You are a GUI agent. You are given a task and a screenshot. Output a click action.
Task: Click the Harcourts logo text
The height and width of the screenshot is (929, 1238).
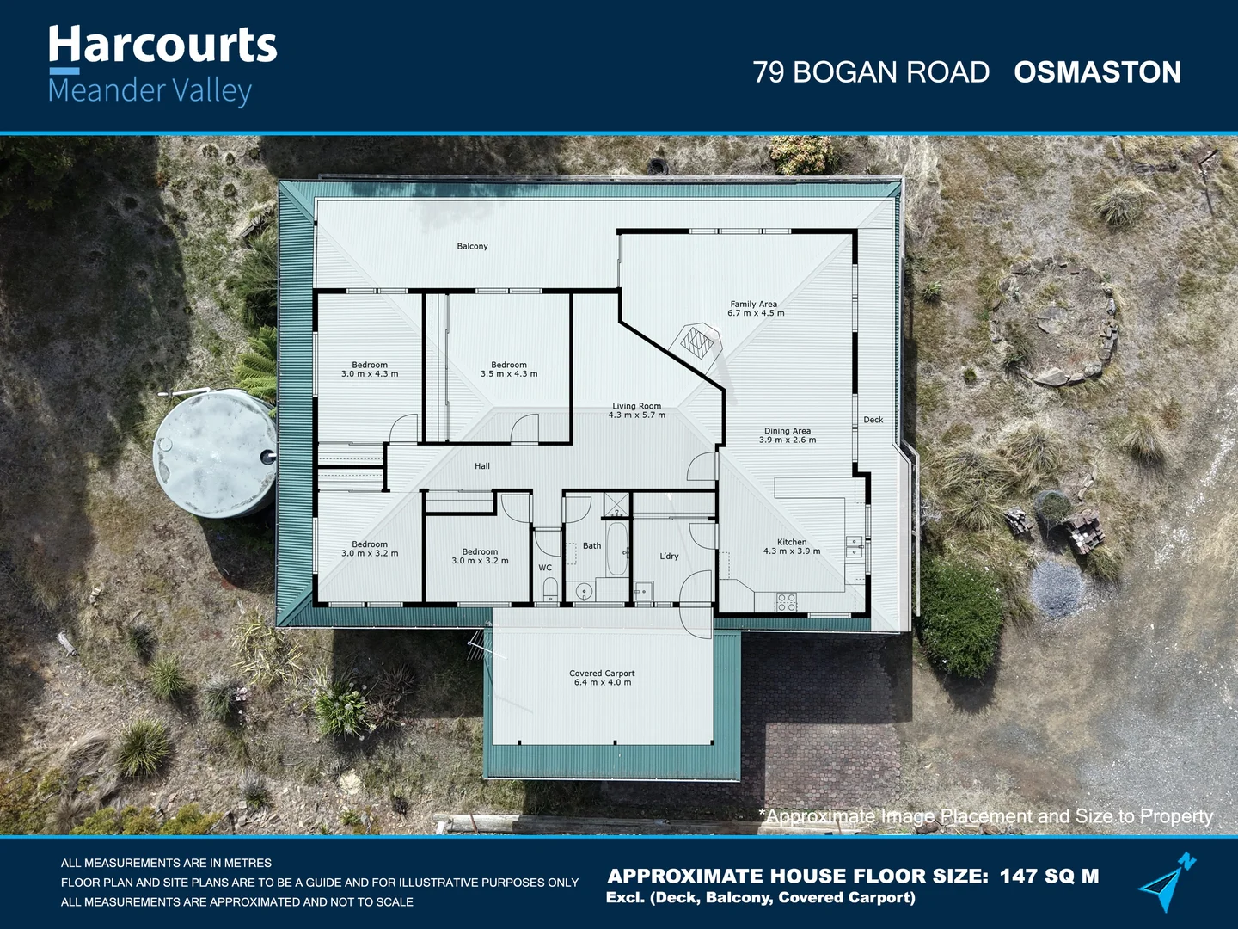point(162,46)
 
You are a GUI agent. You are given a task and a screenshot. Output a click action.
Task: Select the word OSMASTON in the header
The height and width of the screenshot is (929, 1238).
point(1097,72)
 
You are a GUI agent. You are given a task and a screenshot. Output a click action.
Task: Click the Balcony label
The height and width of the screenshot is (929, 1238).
point(472,247)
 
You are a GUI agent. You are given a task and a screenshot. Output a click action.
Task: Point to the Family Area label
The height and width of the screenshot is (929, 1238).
point(754,304)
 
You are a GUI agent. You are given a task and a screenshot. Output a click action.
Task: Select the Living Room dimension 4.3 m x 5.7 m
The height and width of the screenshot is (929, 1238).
point(636,415)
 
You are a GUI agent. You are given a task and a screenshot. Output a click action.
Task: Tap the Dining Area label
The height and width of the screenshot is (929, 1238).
point(787,431)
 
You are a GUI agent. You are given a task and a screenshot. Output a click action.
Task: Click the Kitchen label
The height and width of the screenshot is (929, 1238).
point(792,542)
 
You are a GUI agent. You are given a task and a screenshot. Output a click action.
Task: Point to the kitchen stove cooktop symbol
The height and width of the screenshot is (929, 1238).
point(787,602)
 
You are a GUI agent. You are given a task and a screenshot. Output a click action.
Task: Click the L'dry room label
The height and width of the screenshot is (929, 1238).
point(669,557)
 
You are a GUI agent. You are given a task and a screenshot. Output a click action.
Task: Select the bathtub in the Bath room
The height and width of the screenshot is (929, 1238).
point(616,549)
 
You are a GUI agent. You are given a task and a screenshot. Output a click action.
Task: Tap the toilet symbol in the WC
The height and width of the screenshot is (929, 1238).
point(550,588)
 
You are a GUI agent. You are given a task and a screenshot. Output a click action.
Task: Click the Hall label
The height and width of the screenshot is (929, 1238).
point(482,466)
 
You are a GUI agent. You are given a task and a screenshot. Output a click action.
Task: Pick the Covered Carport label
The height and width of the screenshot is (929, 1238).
point(602,674)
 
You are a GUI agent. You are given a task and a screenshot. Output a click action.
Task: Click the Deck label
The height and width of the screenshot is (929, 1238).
point(873,420)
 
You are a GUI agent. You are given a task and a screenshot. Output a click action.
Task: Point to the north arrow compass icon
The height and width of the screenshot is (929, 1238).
point(1167,882)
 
